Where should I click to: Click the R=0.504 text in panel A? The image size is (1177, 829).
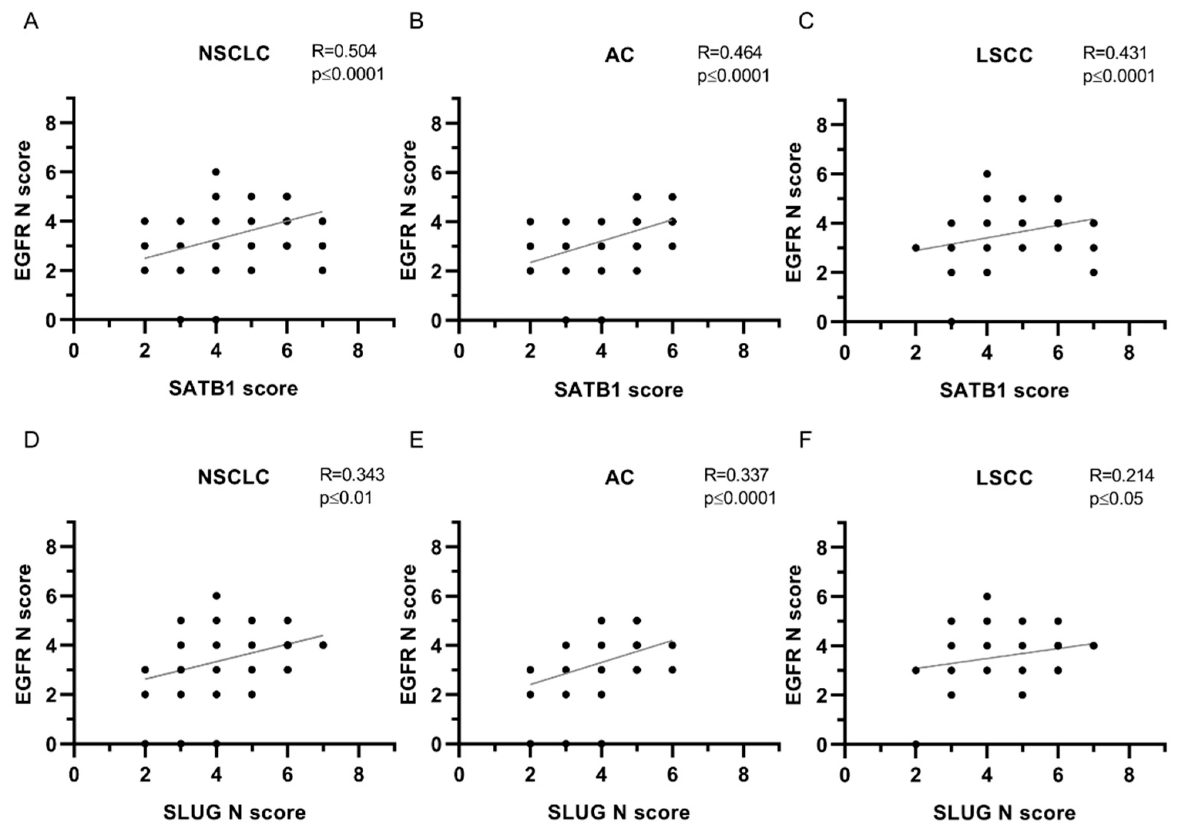coord(344,51)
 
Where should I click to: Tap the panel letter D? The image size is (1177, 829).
coord(31,440)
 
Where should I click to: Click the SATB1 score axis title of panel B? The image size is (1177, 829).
coord(618,390)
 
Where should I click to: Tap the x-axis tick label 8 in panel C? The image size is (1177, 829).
coord(1129,353)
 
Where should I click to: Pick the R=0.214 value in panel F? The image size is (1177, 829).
coord(1122,476)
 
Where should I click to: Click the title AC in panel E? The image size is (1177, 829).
coord(619,477)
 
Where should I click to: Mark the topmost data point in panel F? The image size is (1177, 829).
coord(987,596)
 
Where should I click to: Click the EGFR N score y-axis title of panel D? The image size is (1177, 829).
coord(24,634)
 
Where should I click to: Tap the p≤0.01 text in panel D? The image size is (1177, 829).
coord(346,498)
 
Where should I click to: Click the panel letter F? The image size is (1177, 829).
coord(805,440)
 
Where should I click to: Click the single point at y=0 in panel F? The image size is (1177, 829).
coord(915,744)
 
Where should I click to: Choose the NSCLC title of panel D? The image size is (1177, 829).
coord(234,477)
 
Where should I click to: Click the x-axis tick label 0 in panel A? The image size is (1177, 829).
coord(74,352)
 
